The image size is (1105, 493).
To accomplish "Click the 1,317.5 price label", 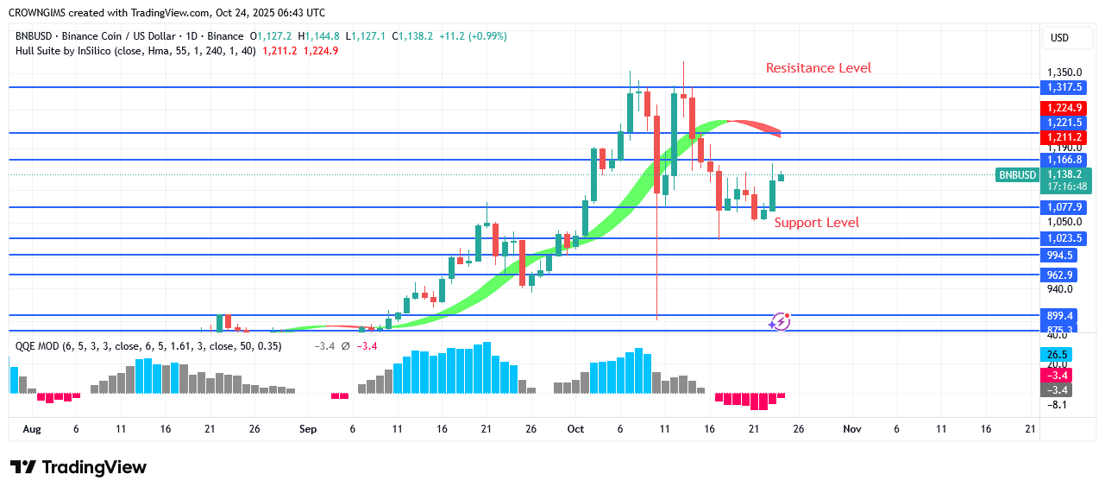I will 1064,87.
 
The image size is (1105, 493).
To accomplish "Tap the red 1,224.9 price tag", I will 1064,108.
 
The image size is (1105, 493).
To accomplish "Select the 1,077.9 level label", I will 1064,207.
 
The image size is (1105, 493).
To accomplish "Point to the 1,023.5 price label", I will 1064,238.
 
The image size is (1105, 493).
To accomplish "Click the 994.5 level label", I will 1064,256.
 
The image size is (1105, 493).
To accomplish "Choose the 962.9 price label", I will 1064,275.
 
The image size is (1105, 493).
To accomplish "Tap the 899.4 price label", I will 1064,316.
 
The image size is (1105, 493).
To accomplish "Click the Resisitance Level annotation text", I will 819,68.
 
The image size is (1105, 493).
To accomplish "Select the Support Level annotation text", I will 816,223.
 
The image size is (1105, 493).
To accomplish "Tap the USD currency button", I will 1058,38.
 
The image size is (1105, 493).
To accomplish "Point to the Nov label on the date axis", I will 852,428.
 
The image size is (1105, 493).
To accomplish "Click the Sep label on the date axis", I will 308,428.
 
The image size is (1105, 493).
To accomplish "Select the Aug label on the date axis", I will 32,428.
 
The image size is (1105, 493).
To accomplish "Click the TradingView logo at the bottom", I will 78,467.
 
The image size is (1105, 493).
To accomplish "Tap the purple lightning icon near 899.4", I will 779,321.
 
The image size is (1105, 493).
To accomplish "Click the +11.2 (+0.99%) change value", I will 473,36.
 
